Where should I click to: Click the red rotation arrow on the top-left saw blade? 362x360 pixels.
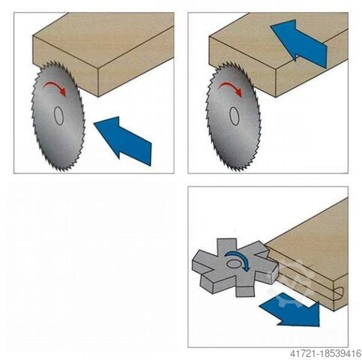click(x=55, y=86)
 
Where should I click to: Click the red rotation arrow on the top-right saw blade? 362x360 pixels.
click(x=232, y=86)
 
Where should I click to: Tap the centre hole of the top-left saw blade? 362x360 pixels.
click(x=59, y=115)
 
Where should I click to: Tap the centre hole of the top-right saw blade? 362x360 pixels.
click(x=235, y=116)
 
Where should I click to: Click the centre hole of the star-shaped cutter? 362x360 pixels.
click(x=234, y=263)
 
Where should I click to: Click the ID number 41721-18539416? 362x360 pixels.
click(x=325, y=353)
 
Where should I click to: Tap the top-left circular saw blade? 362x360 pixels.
click(x=58, y=116)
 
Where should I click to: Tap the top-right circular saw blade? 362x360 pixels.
click(x=233, y=116)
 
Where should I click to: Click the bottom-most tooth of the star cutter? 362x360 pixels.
click(x=245, y=291)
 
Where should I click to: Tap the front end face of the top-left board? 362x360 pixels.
click(x=65, y=66)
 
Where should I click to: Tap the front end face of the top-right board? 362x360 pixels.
click(x=242, y=66)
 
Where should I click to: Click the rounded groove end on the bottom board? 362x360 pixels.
click(x=340, y=293)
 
